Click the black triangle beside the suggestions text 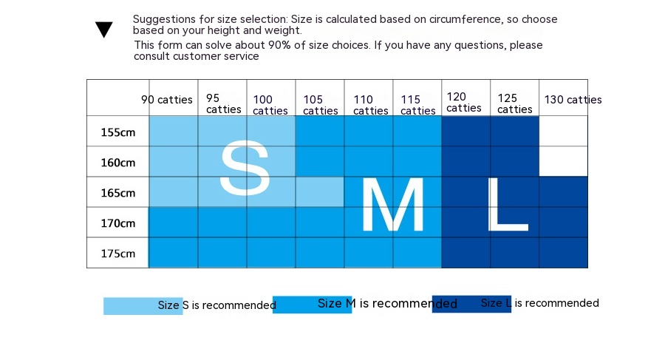pyautogui.click(x=104, y=30)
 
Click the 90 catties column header pyautogui.click(x=167, y=100)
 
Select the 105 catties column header pyautogui.click(x=320, y=105)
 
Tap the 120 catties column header pyautogui.click(x=464, y=102)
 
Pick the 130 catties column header pyautogui.click(x=573, y=100)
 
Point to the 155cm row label pyautogui.click(x=118, y=132)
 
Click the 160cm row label pyautogui.click(x=118, y=163)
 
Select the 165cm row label pyautogui.click(x=118, y=193)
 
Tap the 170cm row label pyautogui.click(x=118, y=223)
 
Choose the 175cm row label pyautogui.click(x=118, y=254)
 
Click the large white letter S pyautogui.click(x=245, y=169)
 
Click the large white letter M pyautogui.click(x=392, y=206)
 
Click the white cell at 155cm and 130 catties pyautogui.click(x=563, y=132)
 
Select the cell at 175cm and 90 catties pyautogui.click(x=174, y=253)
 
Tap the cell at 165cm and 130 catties pyautogui.click(x=563, y=192)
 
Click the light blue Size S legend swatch pyautogui.click(x=130, y=306)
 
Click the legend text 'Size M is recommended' pyautogui.click(x=387, y=304)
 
